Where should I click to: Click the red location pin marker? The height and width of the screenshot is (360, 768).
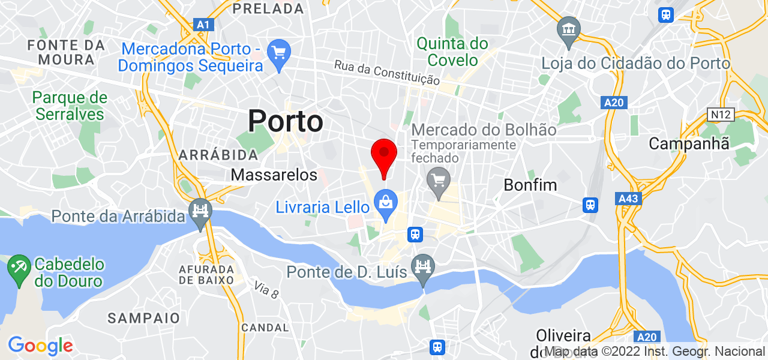(384, 155)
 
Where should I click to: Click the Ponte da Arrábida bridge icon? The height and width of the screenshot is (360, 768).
(200, 211)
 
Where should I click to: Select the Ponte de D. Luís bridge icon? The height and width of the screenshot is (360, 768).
(423, 265)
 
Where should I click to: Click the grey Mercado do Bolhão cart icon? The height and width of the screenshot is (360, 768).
(439, 179)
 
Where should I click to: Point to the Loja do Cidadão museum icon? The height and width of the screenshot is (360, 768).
(567, 29)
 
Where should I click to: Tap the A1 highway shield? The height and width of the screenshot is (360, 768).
(204, 25)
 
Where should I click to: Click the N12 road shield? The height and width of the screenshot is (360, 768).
(720, 114)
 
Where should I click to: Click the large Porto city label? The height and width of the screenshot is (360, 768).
(286, 121)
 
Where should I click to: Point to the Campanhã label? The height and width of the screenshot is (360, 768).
(689, 143)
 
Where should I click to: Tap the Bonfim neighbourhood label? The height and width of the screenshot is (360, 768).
(530, 184)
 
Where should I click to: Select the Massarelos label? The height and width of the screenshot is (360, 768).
(274, 175)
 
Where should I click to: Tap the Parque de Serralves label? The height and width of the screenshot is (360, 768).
(70, 106)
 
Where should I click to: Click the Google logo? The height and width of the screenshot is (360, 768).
(40, 346)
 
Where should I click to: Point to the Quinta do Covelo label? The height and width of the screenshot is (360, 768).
(452, 52)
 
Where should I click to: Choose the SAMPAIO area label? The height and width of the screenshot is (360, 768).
(143, 317)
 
